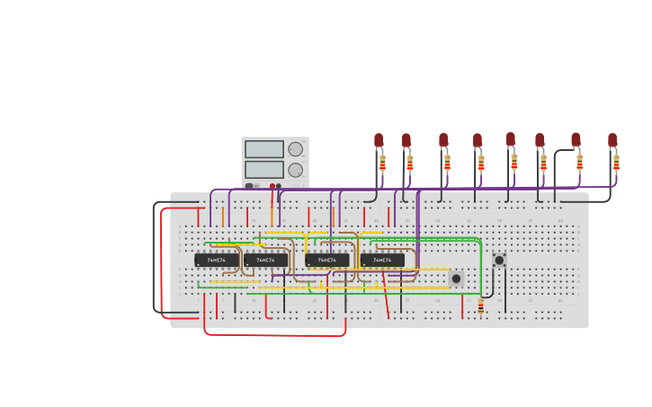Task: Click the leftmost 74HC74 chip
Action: coord(217,260)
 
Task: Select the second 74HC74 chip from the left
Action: coord(265,260)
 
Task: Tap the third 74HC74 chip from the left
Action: coord(327,260)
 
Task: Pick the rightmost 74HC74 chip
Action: coord(382,260)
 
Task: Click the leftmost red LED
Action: coord(379,140)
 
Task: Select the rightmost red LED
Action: coord(612,140)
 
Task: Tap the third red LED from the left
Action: coord(443,140)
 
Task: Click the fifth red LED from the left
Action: coord(511,139)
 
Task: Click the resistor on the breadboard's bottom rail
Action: coord(480,306)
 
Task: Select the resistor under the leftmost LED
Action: coord(382,163)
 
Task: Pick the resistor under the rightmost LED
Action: coord(616,163)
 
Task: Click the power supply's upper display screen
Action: coord(263,149)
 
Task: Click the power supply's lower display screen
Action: coord(263,169)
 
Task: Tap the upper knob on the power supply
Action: coord(295,149)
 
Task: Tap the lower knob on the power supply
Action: coord(295,170)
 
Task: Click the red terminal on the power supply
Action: coord(272,186)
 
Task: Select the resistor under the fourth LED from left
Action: coord(481,163)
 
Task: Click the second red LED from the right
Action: coord(576,140)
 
